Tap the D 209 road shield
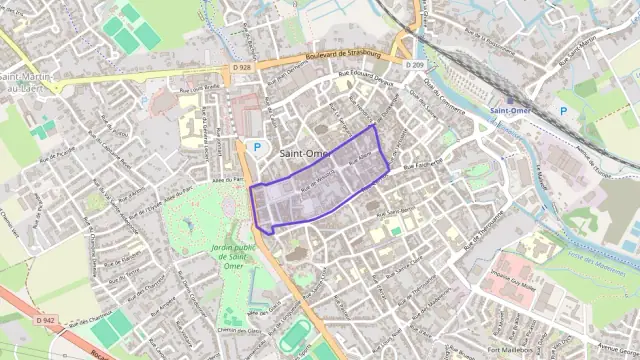416,65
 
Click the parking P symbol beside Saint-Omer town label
256,147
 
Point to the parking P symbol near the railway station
562,111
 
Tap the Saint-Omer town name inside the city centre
305,153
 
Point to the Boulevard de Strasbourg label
345,54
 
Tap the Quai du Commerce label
439,98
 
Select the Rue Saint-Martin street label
578,54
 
